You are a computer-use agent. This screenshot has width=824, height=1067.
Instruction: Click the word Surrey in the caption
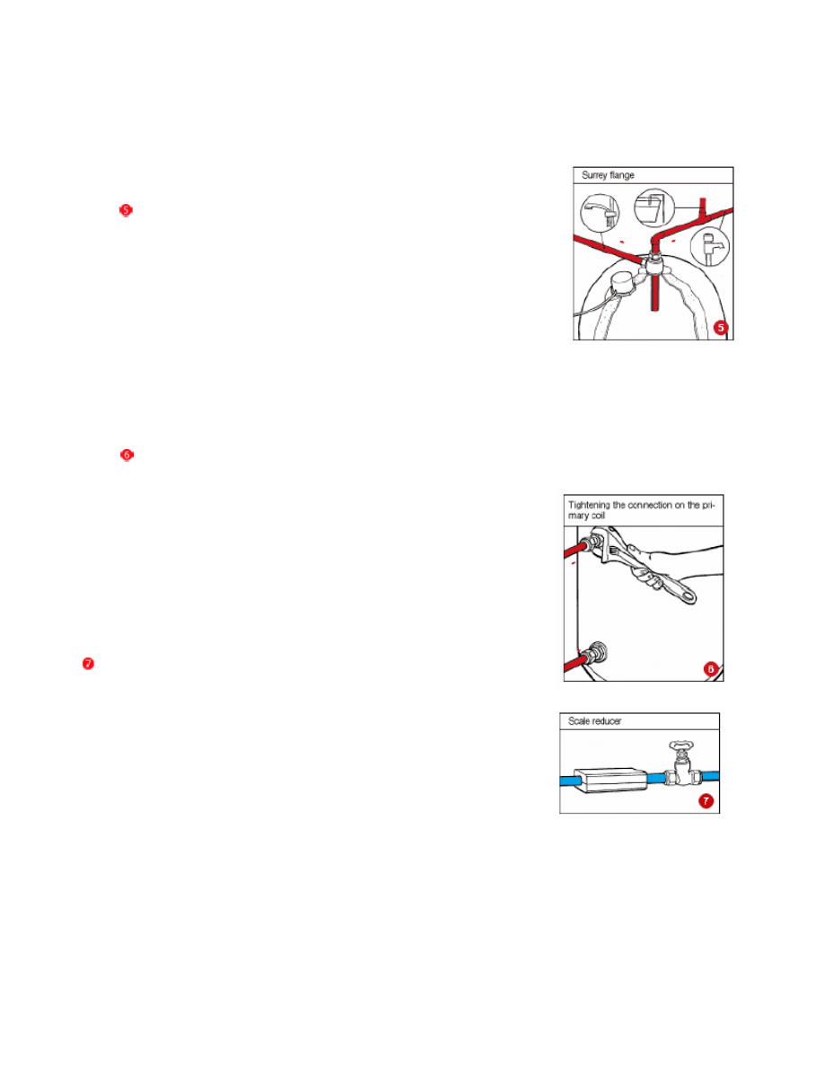[x=595, y=175]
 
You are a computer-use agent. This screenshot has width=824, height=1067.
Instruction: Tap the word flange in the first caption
[x=622, y=175]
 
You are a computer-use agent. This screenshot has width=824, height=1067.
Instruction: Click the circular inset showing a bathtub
[x=653, y=207]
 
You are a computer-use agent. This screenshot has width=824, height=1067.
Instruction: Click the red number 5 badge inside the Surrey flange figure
[x=721, y=328]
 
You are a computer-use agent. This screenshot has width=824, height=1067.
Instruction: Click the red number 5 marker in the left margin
[x=126, y=210]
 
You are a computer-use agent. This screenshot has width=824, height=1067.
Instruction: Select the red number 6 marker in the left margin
[x=127, y=455]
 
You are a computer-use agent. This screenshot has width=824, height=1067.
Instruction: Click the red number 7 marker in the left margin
[x=88, y=664]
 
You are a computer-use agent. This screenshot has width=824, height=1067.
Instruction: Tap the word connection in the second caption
[x=649, y=505]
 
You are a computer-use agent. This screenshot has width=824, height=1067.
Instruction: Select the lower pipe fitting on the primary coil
[x=598, y=652]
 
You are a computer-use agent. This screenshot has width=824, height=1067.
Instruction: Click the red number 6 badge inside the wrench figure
[x=711, y=670]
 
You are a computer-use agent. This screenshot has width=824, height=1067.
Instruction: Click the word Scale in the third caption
[x=579, y=721]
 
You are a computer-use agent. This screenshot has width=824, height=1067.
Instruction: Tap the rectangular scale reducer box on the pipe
[x=609, y=780]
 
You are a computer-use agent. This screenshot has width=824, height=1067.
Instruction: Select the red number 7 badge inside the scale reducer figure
[x=706, y=801]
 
